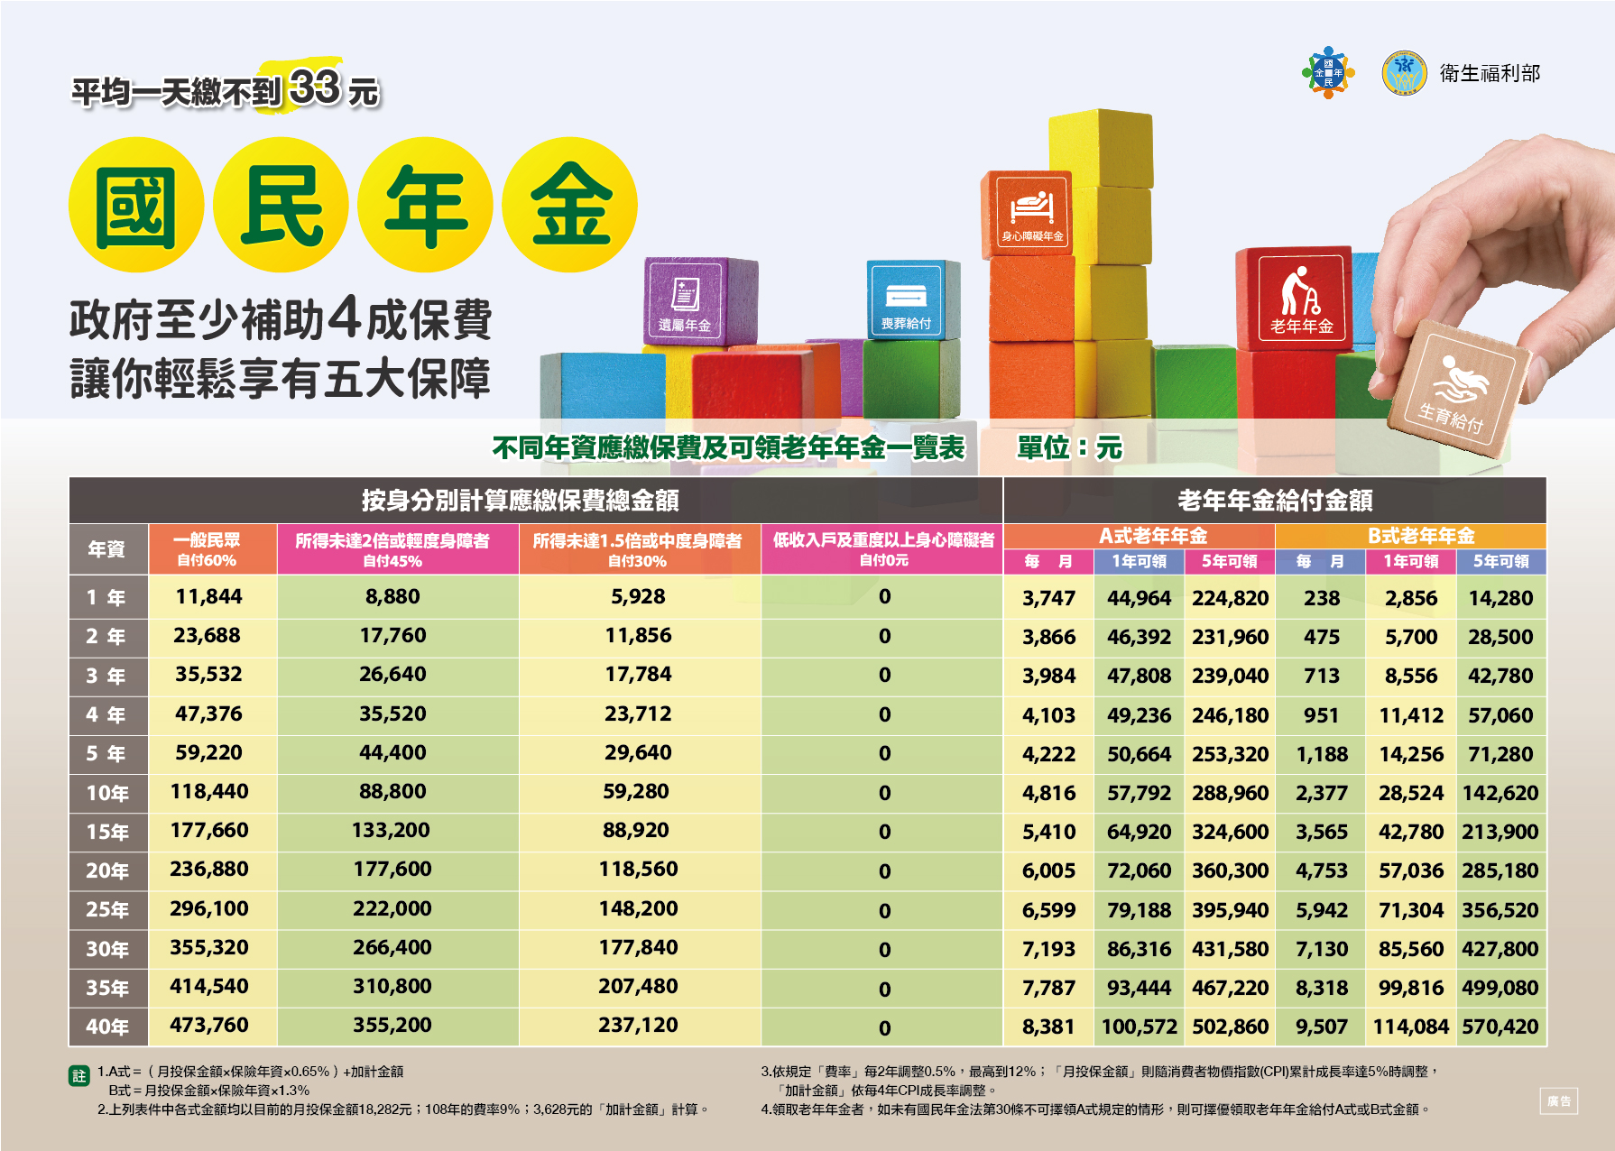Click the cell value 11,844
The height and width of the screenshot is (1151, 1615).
tap(208, 597)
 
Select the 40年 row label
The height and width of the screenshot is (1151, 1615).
tap(107, 1027)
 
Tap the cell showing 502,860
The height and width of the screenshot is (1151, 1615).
tap(1230, 1027)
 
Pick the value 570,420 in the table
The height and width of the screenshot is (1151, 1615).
tap(1500, 1027)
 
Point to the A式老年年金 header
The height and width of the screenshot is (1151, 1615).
tap(1152, 536)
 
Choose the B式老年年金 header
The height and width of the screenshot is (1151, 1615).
tap(1421, 536)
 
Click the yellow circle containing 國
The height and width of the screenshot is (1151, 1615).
tap(136, 206)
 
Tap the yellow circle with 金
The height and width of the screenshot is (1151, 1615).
tap(570, 206)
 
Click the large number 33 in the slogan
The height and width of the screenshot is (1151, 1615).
tap(316, 88)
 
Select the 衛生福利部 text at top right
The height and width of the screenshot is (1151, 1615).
tap(1490, 74)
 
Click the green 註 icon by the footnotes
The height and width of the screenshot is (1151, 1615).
tap(79, 1075)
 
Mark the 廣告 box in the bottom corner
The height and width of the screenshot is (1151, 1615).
tap(1558, 1100)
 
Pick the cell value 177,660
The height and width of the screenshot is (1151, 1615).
tap(208, 831)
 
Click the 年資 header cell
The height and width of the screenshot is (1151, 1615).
tap(106, 548)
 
